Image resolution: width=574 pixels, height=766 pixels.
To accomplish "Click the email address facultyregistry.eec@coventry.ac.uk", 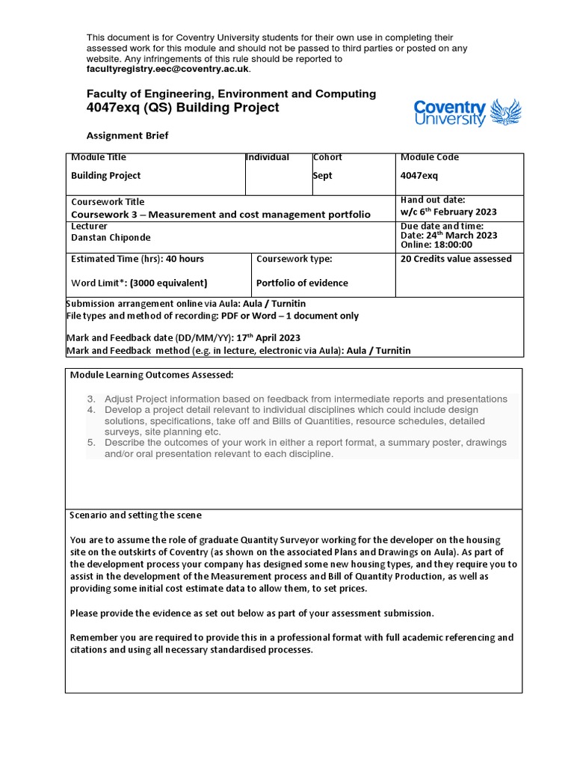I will click(168, 69).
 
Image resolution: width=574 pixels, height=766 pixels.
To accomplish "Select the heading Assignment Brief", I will click(127, 135).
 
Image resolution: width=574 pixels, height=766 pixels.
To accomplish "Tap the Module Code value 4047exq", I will click(419, 176).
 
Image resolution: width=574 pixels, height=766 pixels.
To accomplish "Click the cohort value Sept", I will click(323, 176).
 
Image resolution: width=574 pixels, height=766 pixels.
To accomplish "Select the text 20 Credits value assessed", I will click(456, 259).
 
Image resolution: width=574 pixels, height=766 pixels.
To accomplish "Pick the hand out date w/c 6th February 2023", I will click(448, 212).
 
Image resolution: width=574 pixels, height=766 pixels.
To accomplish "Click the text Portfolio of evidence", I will click(302, 283).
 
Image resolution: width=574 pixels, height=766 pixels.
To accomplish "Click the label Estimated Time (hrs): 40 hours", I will click(137, 259).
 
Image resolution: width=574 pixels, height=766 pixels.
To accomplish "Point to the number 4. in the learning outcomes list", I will click(91, 410).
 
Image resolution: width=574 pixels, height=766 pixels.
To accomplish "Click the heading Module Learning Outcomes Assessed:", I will click(152, 374).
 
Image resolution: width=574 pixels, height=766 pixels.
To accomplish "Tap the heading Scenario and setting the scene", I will click(135, 515).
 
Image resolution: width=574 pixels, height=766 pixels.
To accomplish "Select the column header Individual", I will click(268, 157).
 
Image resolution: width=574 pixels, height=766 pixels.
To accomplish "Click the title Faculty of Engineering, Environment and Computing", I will click(231, 94).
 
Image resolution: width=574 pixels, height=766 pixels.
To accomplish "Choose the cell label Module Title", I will click(99, 157).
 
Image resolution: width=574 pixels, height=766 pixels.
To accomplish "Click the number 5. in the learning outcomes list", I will click(91, 443).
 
